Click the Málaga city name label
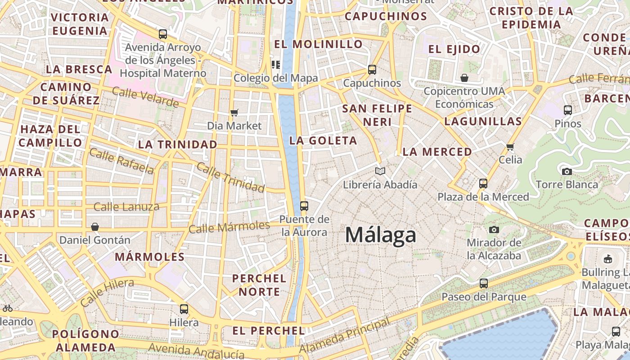coord(381,235)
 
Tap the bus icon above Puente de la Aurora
coord(304,206)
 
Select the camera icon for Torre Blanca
coord(567,171)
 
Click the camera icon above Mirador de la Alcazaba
coord(494,230)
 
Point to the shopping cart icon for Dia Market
coord(234,112)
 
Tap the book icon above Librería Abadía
coord(380,171)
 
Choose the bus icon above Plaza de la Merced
coord(483,184)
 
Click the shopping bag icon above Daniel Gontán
coord(95,227)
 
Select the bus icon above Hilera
coord(184,309)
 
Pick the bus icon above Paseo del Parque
coord(484,283)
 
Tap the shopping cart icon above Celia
coord(510,147)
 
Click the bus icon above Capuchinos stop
coord(372,70)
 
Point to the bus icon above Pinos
coord(568,110)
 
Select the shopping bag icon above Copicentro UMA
coord(464,78)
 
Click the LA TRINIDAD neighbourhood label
coord(177,144)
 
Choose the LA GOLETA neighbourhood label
coord(323,140)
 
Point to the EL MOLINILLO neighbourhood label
coord(318,44)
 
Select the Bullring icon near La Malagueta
coord(607,259)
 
